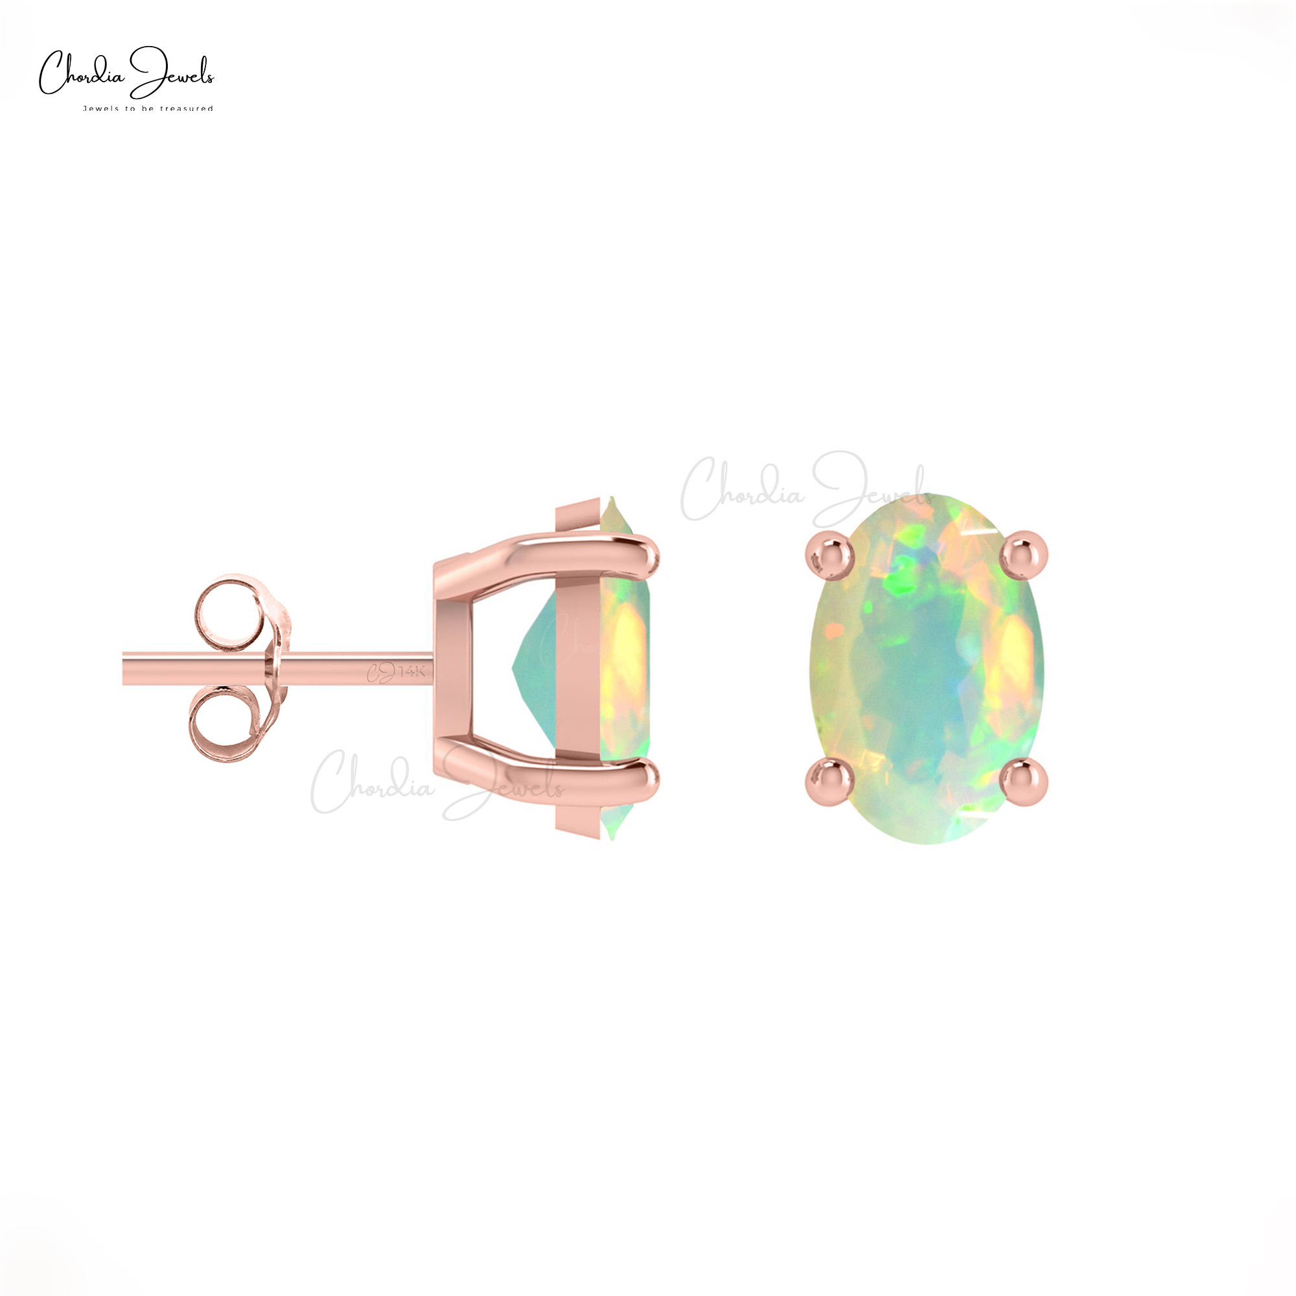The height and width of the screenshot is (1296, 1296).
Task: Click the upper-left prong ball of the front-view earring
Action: (829, 555)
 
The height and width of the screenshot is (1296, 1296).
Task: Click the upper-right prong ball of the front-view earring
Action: (1024, 555)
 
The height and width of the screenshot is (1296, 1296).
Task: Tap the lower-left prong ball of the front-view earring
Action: (829, 781)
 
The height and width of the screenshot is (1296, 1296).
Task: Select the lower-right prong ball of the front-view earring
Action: (1024, 781)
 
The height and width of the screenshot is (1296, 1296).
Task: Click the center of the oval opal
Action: (927, 668)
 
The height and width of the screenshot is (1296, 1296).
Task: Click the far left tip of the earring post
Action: (126, 668)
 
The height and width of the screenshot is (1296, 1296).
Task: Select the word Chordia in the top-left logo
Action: (80, 76)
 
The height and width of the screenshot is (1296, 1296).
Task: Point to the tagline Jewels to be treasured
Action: (148, 109)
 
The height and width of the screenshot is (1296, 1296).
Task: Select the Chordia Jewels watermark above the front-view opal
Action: (805, 490)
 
